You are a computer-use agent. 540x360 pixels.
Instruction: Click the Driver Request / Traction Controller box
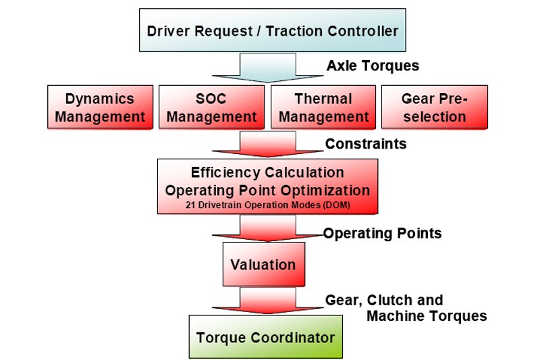[272, 30]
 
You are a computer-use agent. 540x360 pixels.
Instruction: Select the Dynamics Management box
[100, 107]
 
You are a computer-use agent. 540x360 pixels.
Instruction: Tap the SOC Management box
[211, 107]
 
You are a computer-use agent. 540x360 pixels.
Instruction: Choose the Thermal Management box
[323, 107]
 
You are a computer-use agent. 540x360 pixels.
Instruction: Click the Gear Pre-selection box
[434, 107]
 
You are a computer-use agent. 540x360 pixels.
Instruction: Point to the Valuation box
[263, 264]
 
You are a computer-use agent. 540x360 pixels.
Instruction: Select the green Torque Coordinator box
[265, 336]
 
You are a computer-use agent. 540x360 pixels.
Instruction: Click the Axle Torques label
[373, 66]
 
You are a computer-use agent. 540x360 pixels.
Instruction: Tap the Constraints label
[366, 144]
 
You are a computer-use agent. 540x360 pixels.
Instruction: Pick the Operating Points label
[382, 234]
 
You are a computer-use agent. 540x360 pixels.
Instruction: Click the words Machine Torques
[426, 315]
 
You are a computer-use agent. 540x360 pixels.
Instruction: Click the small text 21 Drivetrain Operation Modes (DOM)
[267, 203]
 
